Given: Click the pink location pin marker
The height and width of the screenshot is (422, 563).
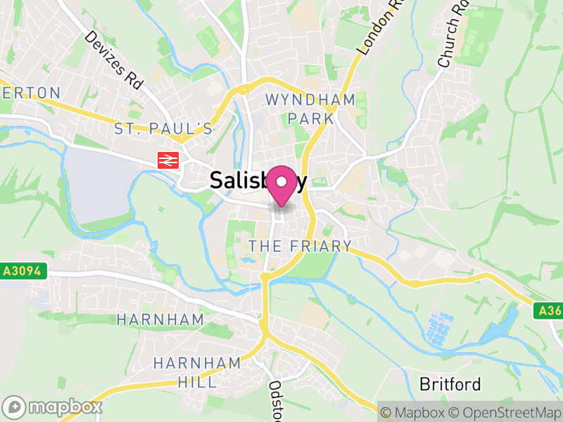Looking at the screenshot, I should pyautogui.click(x=282, y=184).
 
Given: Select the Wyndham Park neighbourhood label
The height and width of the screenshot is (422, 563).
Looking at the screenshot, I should pyautogui.click(x=310, y=108).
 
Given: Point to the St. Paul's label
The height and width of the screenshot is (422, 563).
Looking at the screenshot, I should pyautogui.click(x=163, y=128).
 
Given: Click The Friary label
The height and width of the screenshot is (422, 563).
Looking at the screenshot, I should pyautogui.click(x=301, y=246).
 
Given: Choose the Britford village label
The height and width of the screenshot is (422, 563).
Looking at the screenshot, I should pyautogui.click(x=450, y=384).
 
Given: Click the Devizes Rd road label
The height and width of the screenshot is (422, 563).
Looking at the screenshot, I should pyautogui.click(x=113, y=59).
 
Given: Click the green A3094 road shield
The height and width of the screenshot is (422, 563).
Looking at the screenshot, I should pyautogui.click(x=23, y=270).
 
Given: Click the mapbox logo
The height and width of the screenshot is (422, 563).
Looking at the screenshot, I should pyautogui.click(x=53, y=407).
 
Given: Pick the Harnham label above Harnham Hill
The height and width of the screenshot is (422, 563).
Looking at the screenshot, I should pyautogui.click(x=160, y=319).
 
